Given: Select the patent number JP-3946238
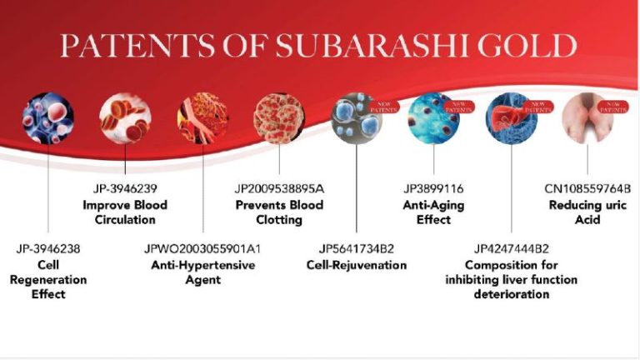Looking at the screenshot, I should (48, 248).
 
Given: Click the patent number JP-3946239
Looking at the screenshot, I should (124, 188).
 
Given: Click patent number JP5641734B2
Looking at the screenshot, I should (357, 248).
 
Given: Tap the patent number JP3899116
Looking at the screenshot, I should (433, 188).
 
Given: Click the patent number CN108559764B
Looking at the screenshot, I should (587, 188).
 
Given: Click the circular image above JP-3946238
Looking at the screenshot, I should (48, 117).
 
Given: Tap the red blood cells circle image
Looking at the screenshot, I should (124, 116).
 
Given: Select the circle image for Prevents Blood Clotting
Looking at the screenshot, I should (278, 117).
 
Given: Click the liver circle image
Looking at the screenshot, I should (509, 117).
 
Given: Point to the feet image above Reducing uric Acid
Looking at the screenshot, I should (587, 117).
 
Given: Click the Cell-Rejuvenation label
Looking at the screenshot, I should (357, 265).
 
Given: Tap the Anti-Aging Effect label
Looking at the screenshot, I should (433, 212).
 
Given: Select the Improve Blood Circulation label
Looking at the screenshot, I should (124, 212).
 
